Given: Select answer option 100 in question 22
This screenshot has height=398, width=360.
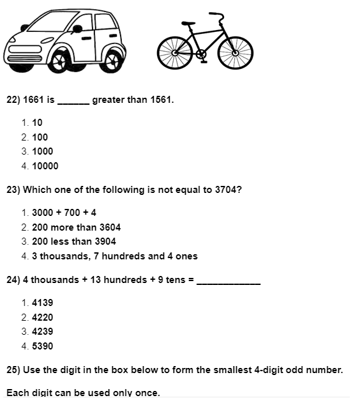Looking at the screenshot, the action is (40, 137).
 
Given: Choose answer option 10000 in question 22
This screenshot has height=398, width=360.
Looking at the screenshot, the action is (45, 166).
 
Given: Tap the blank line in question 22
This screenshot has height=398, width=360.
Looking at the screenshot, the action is (73, 102).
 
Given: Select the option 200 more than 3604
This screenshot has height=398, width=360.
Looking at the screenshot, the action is (76, 227).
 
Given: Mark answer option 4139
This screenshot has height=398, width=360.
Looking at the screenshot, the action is (42, 303).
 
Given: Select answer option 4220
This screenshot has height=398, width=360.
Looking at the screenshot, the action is (42, 318).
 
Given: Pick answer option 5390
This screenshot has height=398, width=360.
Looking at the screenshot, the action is (42, 346).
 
